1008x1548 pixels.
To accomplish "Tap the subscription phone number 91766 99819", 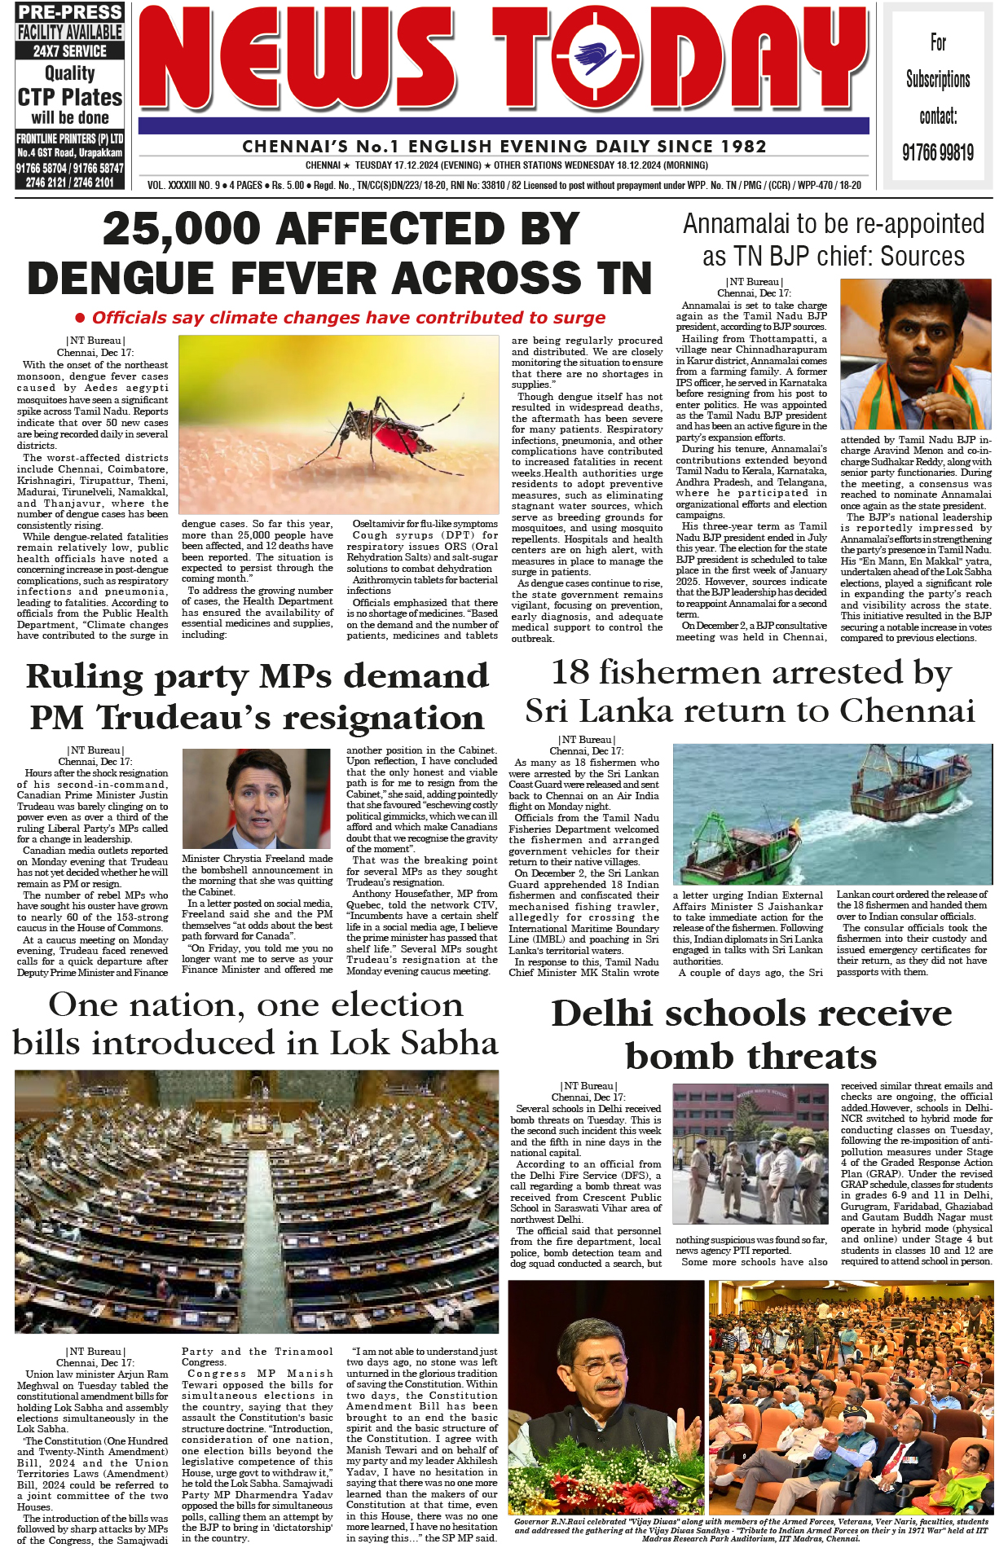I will [937, 152].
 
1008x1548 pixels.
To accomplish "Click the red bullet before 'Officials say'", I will [80, 318].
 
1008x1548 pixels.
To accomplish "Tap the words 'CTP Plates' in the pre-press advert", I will [70, 97].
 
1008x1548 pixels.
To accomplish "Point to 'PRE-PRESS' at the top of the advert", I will [70, 12].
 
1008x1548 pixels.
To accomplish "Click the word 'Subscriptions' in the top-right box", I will [938, 79].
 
